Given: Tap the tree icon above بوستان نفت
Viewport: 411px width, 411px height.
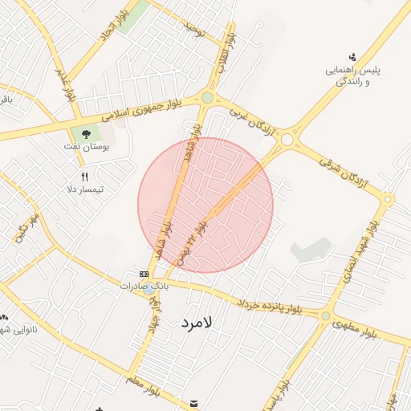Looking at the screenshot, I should tap(85, 133).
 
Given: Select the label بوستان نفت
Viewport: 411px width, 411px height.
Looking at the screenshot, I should tap(86, 148).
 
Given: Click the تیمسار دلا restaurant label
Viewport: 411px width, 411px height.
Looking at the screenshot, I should tap(85, 190).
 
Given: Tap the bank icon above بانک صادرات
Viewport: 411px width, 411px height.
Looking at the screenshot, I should tap(144, 274).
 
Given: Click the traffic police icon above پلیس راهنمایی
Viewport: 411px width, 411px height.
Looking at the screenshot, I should tap(352, 56).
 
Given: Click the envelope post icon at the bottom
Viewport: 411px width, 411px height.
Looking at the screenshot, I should tap(193, 403).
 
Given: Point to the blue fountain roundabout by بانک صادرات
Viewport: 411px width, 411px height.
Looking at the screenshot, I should tap(150, 289).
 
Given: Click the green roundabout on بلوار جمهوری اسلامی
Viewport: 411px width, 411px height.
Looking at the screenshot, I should tap(207, 98).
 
